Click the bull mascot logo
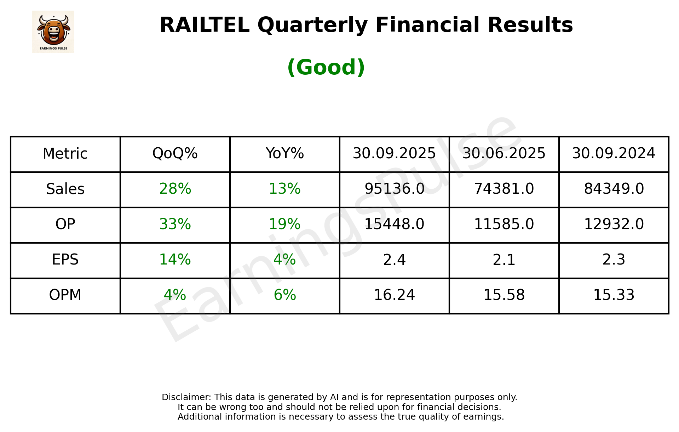click(53, 32)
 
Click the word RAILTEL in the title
click(204, 25)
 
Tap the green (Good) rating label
click(326, 67)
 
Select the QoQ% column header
click(175, 154)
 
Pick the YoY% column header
click(284, 154)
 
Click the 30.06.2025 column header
click(504, 154)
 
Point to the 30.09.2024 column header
click(614, 154)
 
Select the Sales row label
click(65, 189)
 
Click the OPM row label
click(65, 295)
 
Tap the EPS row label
click(65, 260)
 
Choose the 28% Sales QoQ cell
click(175, 189)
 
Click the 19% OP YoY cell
click(284, 224)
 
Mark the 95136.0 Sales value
click(394, 189)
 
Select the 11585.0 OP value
click(504, 224)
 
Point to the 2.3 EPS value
click(614, 260)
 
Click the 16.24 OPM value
click(394, 295)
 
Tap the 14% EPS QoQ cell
click(175, 260)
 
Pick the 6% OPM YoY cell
click(284, 295)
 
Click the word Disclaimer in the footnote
click(186, 397)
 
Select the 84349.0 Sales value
click(614, 189)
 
